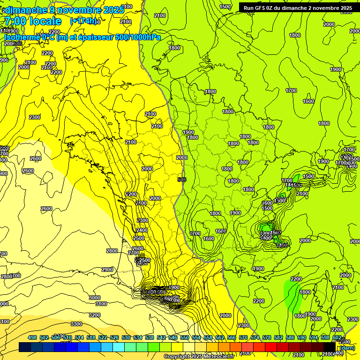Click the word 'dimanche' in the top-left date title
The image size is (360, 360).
pyautogui.click(x=25, y=10)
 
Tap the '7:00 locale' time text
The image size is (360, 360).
pyautogui.click(x=33, y=21)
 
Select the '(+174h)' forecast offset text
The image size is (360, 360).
pyautogui.click(x=83, y=21)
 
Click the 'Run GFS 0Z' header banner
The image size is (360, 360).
pyautogui.click(x=298, y=8)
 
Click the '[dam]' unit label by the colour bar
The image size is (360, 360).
pyautogui.click(x=346, y=348)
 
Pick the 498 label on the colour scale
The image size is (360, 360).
pyautogui.click(x=32, y=337)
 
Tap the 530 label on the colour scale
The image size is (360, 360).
pyautogui.click(x=126, y=337)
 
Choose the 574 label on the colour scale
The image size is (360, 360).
pyautogui.click(x=255, y=337)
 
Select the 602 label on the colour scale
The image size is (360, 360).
pyautogui.click(x=337, y=337)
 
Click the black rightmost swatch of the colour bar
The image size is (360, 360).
pyautogui.click(x=330, y=347)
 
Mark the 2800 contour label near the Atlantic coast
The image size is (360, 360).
pyautogui.click(x=112, y=251)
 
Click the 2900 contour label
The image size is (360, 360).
pyautogui.click(x=107, y=270)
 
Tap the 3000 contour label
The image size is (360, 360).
pyautogui.click(x=95, y=298)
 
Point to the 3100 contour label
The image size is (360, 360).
pyautogui.click(x=101, y=304)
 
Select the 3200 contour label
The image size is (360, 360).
pyautogui.click(x=95, y=315)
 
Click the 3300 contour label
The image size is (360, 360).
pyautogui.click(x=76, y=324)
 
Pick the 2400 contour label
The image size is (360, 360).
pyautogui.click(x=142, y=230)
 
